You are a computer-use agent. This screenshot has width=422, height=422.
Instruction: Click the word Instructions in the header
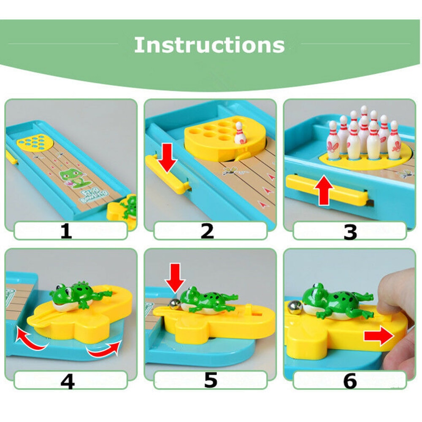(209, 45)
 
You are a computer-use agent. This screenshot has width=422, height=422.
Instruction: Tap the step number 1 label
(66, 231)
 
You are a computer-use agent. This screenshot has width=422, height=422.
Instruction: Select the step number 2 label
(207, 231)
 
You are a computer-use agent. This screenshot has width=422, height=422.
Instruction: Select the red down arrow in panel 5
(175, 277)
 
